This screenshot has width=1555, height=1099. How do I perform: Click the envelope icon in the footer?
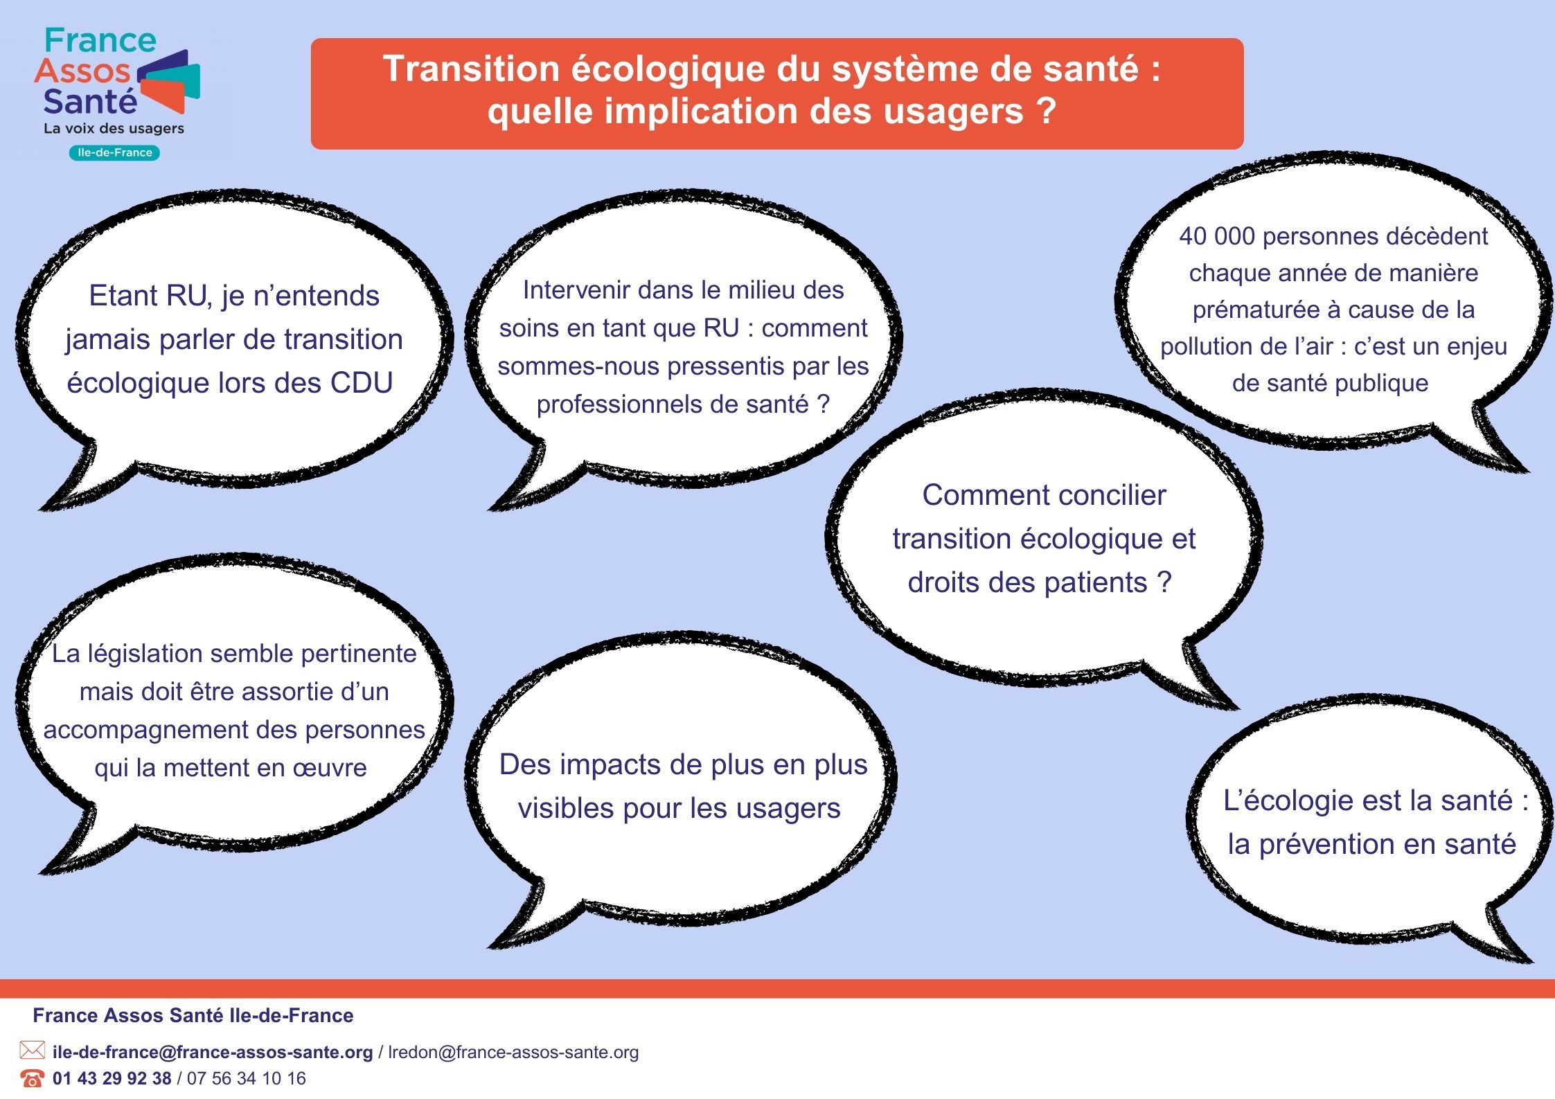[x=32, y=1051]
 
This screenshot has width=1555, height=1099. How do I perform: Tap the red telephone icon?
[x=32, y=1078]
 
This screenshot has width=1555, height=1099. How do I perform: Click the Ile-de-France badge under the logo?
[x=114, y=152]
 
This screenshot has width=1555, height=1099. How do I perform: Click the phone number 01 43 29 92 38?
[x=112, y=1078]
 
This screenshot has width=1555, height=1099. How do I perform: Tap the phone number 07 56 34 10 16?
[x=246, y=1078]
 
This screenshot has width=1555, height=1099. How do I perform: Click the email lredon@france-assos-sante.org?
[x=513, y=1052]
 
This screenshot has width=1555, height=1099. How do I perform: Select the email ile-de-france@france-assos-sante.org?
[x=213, y=1052]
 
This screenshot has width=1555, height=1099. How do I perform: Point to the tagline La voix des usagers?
[x=114, y=128]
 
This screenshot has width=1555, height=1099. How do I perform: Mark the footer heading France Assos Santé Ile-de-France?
[x=193, y=1015]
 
